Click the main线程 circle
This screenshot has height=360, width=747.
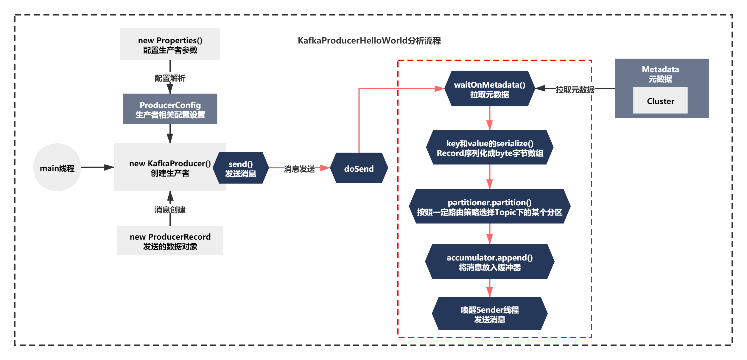coord(57,167)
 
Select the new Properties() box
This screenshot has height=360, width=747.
coord(170,44)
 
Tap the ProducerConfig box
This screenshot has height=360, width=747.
coord(170,109)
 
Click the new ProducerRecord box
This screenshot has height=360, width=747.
coord(170,240)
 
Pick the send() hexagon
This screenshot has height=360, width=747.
coord(241,168)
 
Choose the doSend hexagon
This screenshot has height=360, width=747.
coord(359,168)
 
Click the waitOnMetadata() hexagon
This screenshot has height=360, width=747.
coord(490,89)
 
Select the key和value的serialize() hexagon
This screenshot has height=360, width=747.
coord(490,147)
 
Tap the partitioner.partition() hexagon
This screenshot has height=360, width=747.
coord(490,206)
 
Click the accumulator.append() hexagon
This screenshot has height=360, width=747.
coord(490,261)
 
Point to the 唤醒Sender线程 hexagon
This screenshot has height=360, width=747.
coord(490,314)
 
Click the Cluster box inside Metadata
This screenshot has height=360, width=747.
coord(660,100)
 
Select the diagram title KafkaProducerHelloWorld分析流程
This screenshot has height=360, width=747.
coord(369,41)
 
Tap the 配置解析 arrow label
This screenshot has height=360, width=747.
coord(170,78)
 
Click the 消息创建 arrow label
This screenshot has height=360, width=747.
coord(170,210)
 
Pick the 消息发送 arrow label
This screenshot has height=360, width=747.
coord(299,169)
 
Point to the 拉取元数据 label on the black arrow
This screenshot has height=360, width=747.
coord(575,90)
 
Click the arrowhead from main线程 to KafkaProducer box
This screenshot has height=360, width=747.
coord(109,167)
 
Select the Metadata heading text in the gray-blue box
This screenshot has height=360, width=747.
coord(660,69)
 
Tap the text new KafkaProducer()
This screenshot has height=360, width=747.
coord(170,164)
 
